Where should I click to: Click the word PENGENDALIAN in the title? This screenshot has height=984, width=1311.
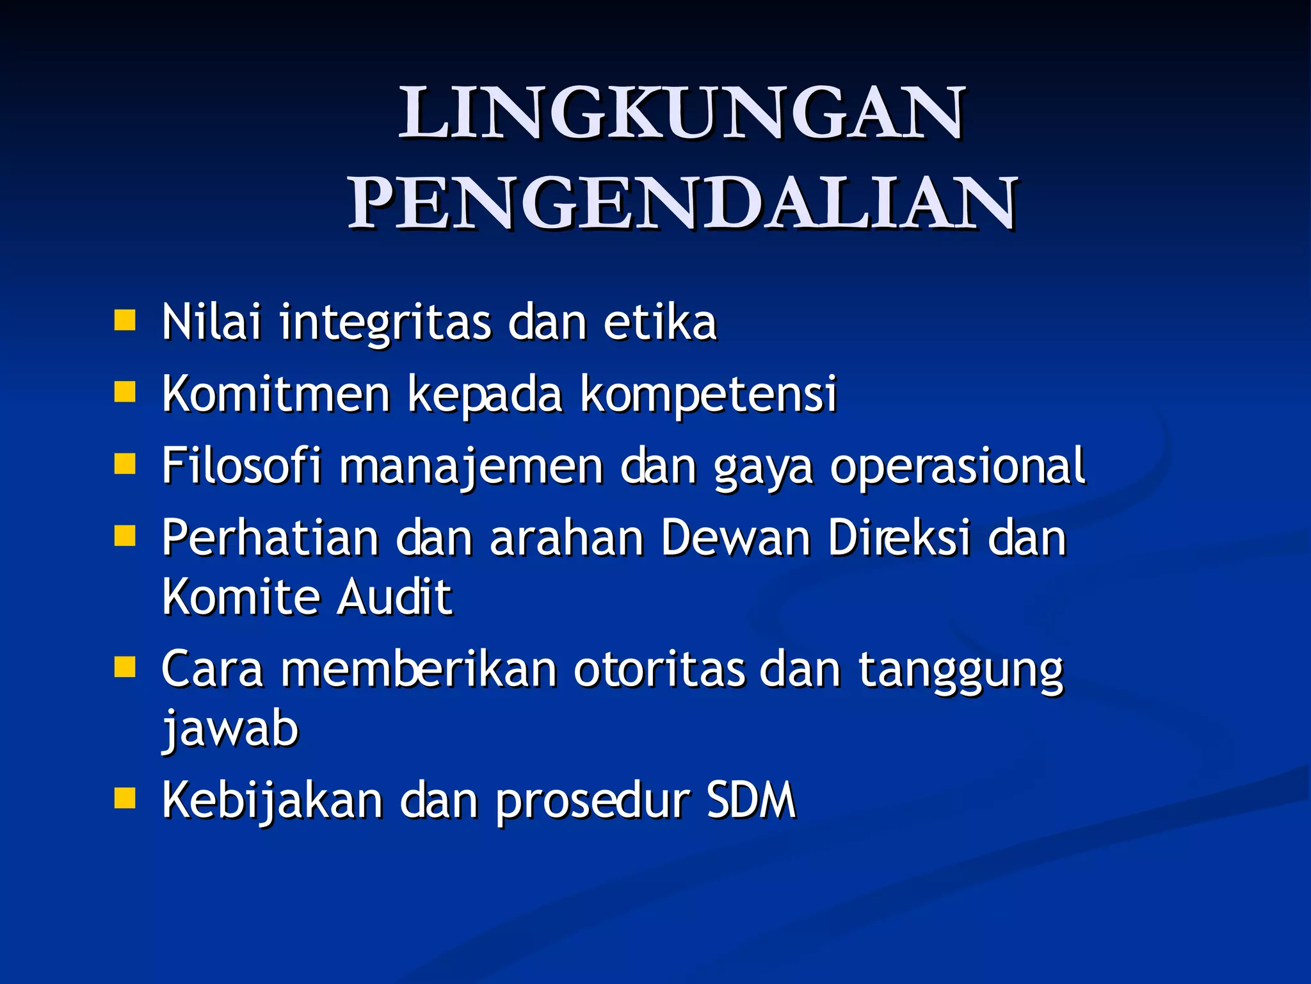[x=682, y=204]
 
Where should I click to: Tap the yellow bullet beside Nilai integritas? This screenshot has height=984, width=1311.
[x=125, y=320]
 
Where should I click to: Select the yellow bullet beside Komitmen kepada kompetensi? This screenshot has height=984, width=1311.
[x=125, y=391]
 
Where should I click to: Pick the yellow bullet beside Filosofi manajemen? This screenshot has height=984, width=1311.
[x=125, y=463]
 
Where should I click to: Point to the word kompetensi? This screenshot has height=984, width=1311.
[x=709, y=395]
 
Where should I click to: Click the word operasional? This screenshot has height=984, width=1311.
[x=958, y=468]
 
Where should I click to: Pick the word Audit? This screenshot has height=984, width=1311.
[x=394, y=597]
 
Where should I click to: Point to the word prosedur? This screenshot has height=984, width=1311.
[x=593, y=802]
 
